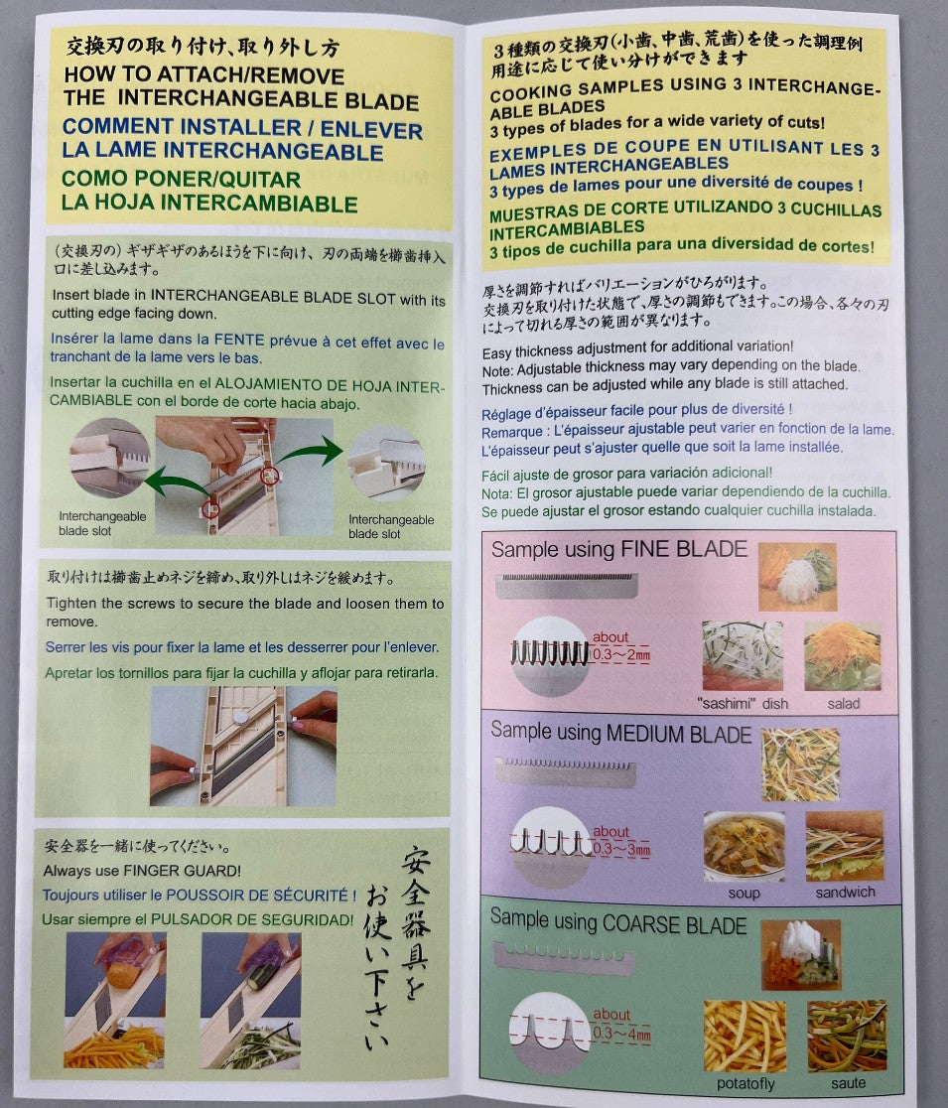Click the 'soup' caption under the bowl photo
pos(744,893)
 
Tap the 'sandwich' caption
pos(845,892)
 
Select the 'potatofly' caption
pos(745,1082)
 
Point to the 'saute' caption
pos(848,1082)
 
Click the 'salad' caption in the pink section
pos(844,703)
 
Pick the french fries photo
pos(745,1036)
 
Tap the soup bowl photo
pos(744,847)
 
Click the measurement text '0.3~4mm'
pos(621,1034)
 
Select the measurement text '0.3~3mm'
pos(621,849)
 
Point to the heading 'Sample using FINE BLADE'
pos(618,549)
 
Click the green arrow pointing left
pos(178,484)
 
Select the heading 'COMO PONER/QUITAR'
pos(181,179)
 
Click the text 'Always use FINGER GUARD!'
pos(142,870)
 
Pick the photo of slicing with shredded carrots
pos(116,1000)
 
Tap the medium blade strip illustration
pos(565,772)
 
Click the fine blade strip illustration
pos(567,586)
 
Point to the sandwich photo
pos(844,846)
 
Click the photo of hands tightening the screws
pos(243,747)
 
